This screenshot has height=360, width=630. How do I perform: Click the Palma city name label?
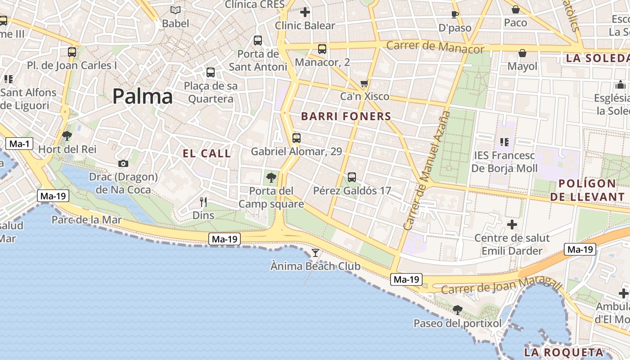142,97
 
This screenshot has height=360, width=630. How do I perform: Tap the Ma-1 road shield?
19,144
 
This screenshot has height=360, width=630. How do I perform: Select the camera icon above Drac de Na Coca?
123,164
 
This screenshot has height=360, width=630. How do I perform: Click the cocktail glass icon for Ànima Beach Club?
315,253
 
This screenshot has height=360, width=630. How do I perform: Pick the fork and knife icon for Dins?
203,202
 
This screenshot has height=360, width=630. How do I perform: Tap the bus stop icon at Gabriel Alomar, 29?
296,138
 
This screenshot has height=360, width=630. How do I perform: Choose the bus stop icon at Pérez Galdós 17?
352,177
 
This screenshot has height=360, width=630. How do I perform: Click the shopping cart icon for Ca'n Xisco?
364,83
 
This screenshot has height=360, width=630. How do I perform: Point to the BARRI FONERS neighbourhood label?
346,117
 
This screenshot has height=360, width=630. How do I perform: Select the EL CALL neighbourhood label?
207,153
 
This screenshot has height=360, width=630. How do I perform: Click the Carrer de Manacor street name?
435,47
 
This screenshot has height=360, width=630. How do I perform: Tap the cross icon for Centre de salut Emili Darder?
512,224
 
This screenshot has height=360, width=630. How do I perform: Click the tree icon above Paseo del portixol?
458,310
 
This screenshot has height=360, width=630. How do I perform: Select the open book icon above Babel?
175,10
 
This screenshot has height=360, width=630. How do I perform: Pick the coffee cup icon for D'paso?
455,14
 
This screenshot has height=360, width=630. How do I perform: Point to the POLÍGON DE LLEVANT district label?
587,190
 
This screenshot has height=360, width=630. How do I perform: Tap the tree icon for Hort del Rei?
67,135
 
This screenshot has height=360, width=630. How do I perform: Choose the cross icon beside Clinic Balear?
305,12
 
